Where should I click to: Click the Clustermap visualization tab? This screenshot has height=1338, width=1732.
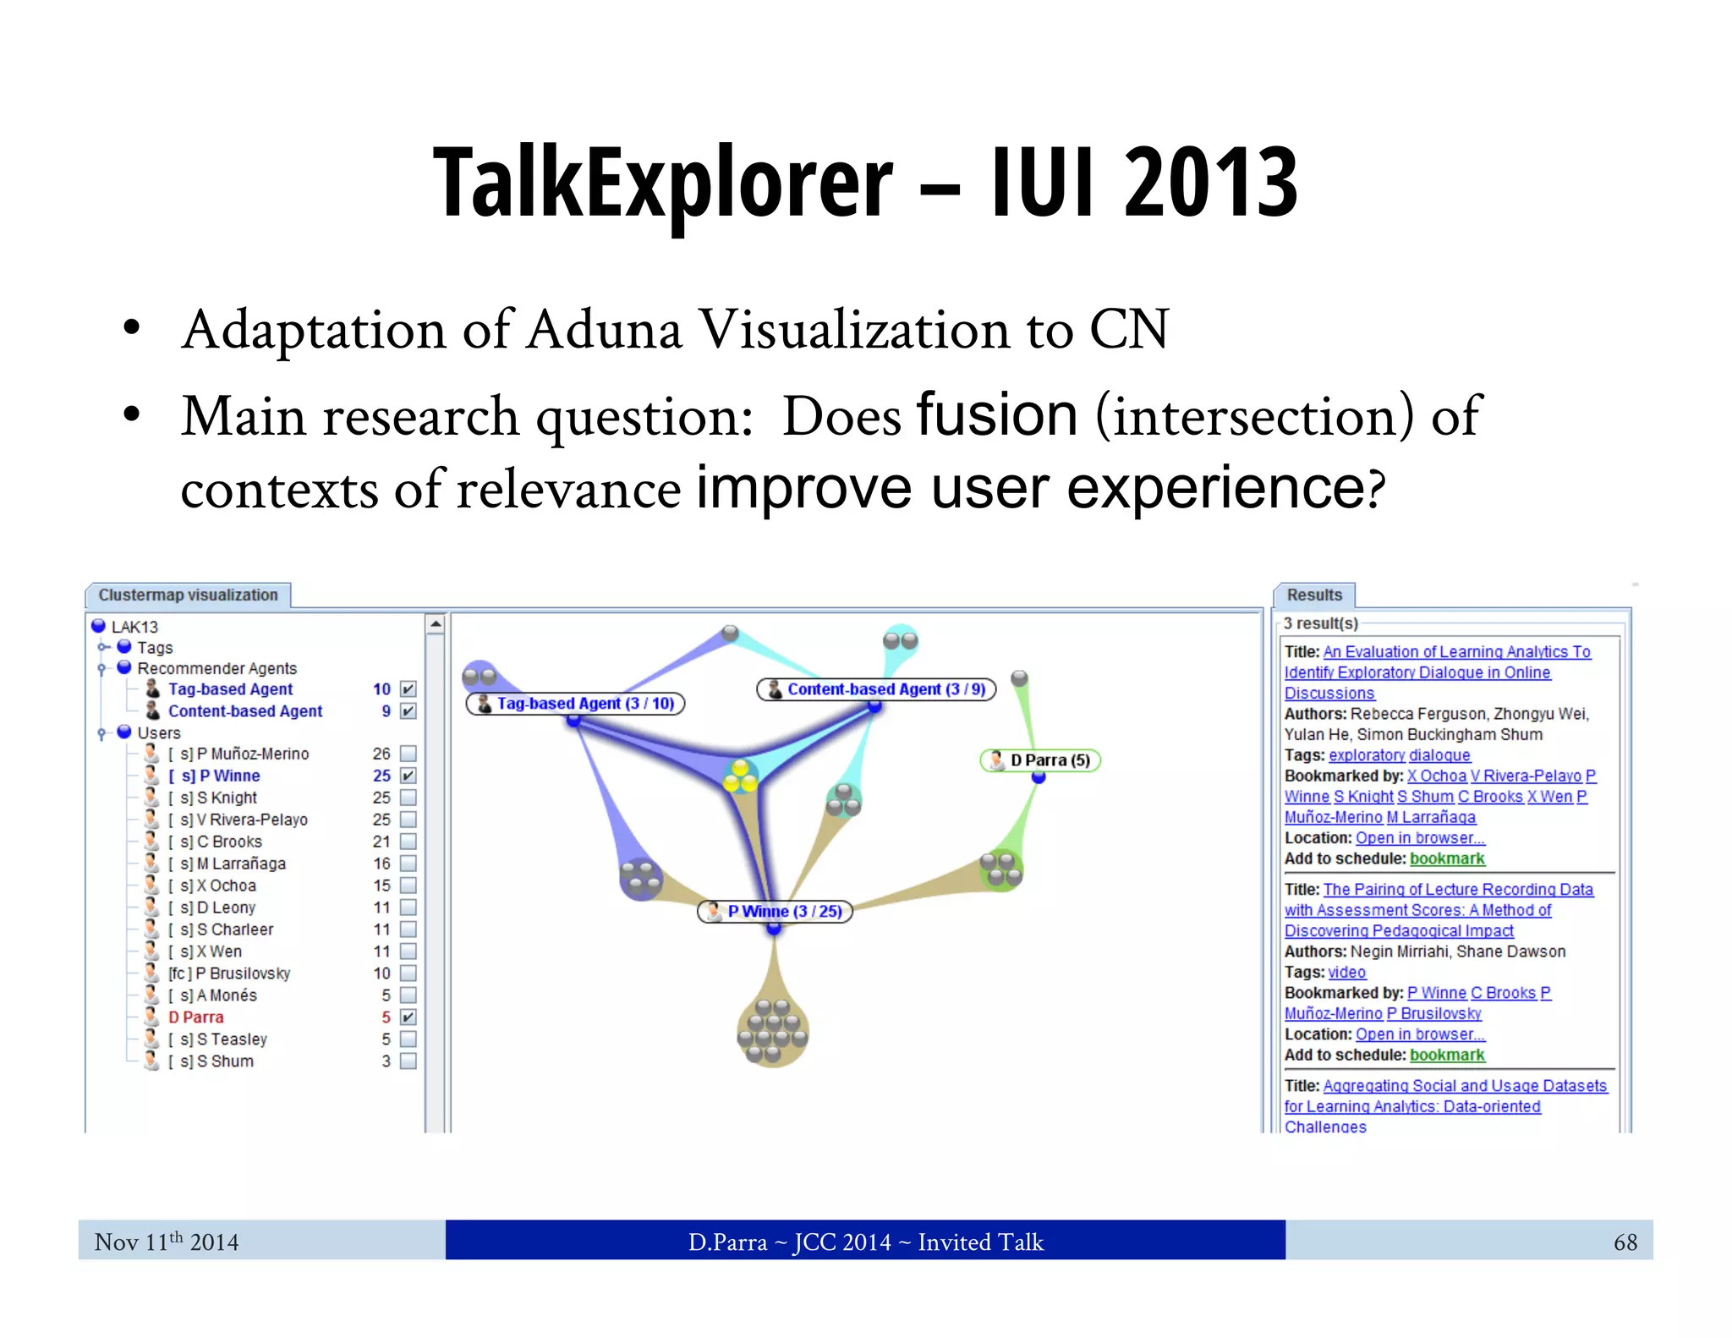tap(188, 595)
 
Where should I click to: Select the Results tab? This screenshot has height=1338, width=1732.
tap(1313, 595)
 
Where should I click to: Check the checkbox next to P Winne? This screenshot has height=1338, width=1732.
tap(408, 776)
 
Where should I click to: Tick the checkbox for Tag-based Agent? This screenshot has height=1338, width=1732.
tap(408, 689)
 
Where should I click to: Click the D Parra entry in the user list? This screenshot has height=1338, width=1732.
tap(196, 1017)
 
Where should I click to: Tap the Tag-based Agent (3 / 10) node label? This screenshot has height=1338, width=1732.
tap(576, 704)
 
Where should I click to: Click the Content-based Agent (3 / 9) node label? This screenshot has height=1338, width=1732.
tap(876, 689)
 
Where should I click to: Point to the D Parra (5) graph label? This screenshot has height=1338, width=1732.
tap(1040, 760)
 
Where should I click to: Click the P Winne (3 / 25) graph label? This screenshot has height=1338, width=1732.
tap(775, 912)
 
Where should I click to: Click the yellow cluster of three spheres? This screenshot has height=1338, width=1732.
tap(740, 776)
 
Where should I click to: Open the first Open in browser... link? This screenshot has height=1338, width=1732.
tap(1420, 838)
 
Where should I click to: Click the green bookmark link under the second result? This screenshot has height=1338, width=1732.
tap(1447, 1055)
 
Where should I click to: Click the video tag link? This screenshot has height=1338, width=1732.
tap(1347, 973)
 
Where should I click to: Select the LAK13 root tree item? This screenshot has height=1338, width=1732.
tap(134, 627)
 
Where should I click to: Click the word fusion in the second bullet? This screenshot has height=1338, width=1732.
tap(996, 415)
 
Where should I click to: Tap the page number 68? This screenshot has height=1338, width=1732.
tap(1625, 1242)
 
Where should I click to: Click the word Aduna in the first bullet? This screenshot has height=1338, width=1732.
tap(604, 330)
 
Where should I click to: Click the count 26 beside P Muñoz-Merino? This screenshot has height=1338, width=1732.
tap(381, 754)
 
